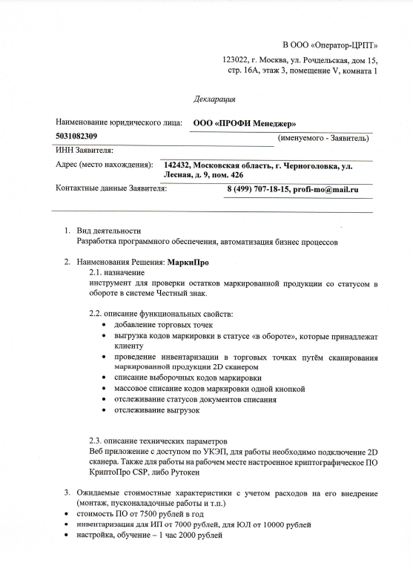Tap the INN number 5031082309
tap(76, 136)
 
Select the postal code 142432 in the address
tap(179, 165)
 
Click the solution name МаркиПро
tap(188, 262)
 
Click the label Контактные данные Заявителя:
tap(111, 189)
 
